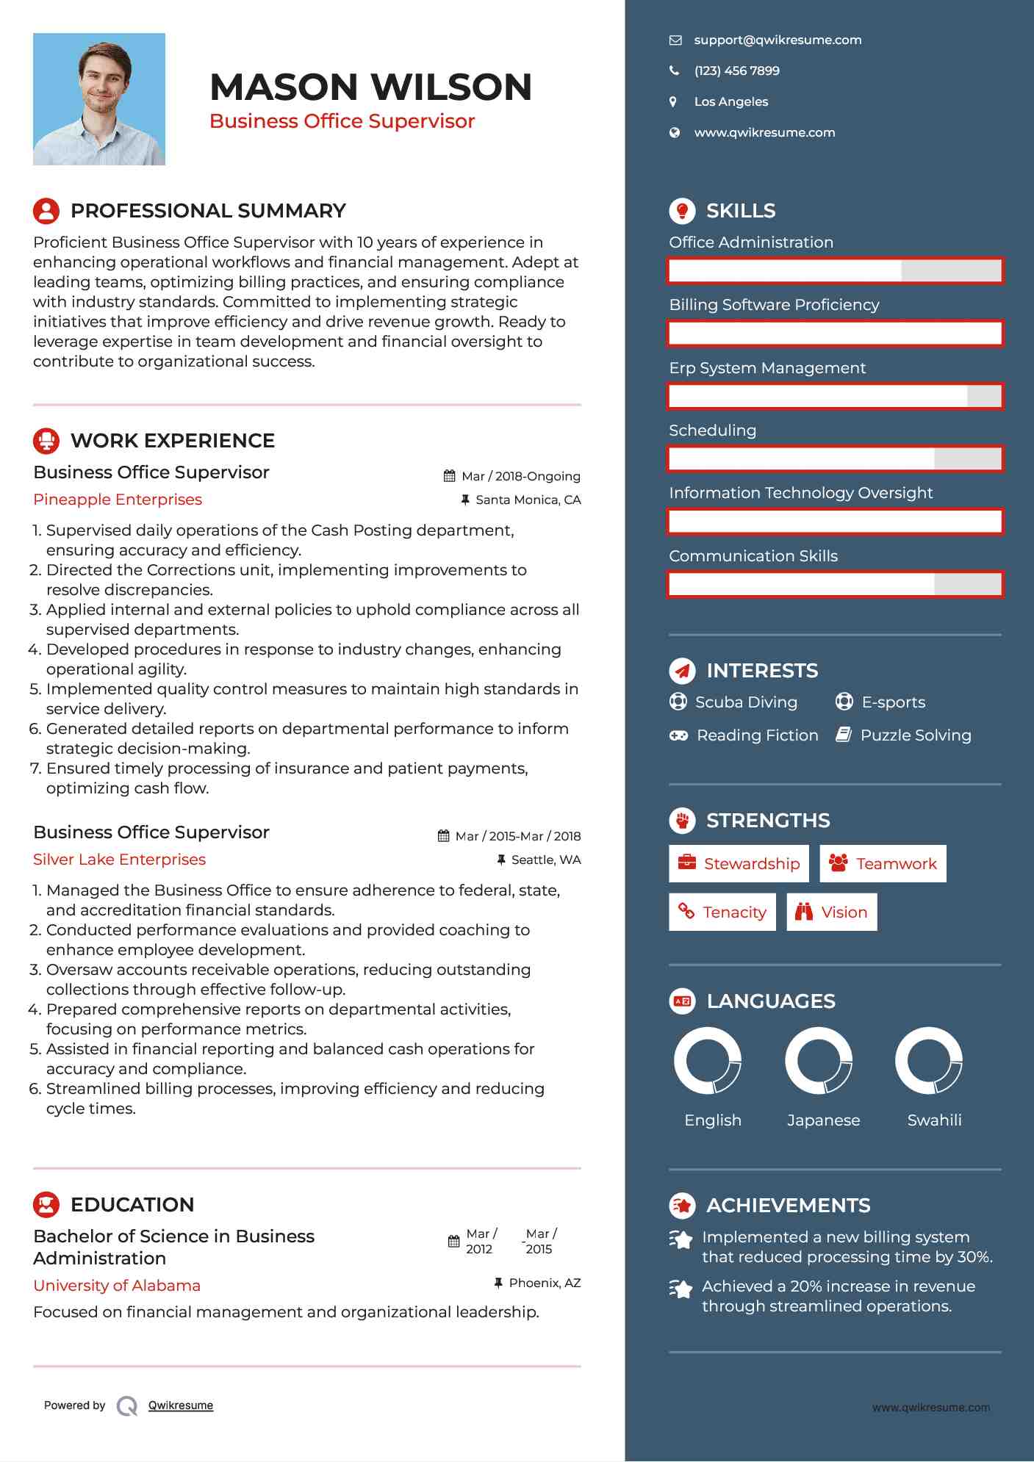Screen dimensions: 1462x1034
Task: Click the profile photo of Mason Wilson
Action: pos(99,99)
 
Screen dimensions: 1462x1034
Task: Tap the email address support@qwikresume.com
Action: pos(778,40)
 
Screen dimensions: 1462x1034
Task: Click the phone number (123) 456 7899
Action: pos(736,71)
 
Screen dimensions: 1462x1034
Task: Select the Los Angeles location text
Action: pos(730,102)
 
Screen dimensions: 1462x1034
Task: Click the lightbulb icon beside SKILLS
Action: pos(682,211)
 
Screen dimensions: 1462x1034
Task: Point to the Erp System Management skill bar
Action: pos(835,397)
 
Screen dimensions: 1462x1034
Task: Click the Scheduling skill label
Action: pos(712,431)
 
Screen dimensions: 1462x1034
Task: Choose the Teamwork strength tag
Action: pos(883,864)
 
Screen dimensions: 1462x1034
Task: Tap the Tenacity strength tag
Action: pos(722,912)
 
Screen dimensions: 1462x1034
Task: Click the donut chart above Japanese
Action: pos(819,1061)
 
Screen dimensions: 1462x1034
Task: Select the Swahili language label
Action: pos(934,1120)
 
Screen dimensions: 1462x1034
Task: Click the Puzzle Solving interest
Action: pos(915,735)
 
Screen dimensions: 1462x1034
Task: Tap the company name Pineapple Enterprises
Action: pos(118,500)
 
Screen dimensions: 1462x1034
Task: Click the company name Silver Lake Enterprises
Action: pos(119,860)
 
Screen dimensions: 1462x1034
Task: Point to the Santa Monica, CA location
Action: pos(528,500)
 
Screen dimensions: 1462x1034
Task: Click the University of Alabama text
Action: pos(117,1286)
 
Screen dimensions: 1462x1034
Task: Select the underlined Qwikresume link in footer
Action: pos(181,1405)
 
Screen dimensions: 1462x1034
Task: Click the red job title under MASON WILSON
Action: pos(342,121)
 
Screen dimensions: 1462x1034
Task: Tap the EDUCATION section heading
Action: pos(132,1205)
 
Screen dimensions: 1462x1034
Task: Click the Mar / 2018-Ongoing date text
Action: pos(520,476)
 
